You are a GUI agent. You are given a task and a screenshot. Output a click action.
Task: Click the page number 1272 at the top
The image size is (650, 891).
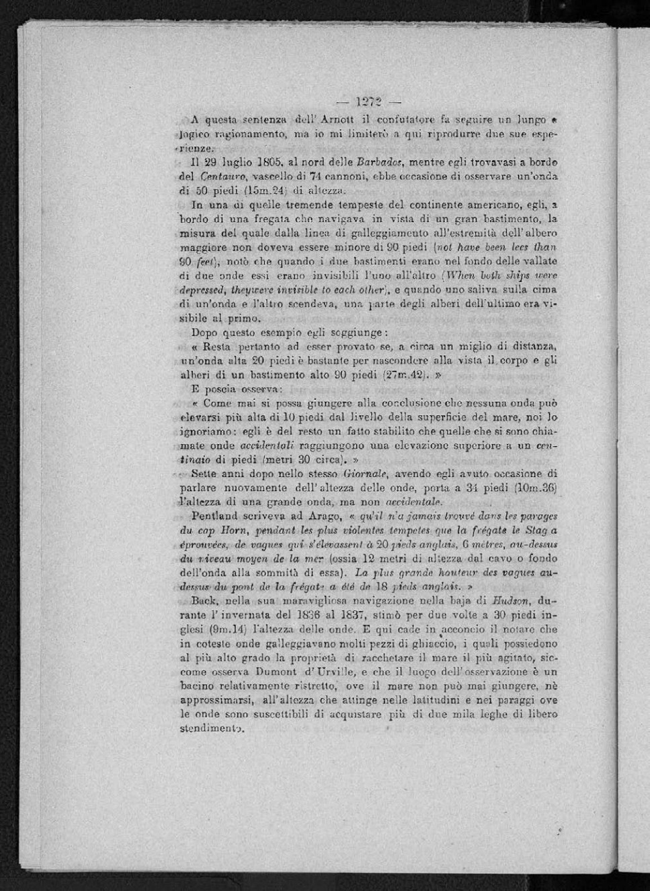369,102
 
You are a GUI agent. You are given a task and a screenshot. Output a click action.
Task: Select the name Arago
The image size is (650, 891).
324,516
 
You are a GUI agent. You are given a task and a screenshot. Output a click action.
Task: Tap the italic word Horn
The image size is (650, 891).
237,530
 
